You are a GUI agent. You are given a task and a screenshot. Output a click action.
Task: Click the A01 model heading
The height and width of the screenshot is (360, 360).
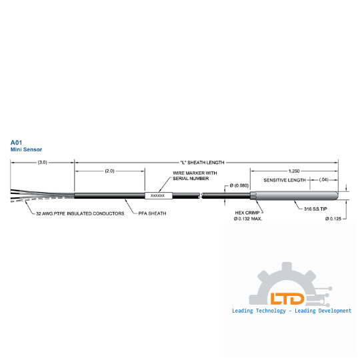tap(16, 143)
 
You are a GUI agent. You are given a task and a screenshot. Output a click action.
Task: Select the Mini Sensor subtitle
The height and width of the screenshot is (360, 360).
tap(26, 149)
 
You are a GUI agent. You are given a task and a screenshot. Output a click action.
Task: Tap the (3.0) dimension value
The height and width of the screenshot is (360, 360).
tap(43, 162)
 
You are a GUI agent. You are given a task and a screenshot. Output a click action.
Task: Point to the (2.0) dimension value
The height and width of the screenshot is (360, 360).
tap(109, 171)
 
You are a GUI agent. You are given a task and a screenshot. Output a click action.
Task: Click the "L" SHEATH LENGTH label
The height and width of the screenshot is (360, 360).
tap(202, 163)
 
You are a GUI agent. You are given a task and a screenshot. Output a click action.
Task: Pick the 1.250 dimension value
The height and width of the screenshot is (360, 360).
tap(294, 171)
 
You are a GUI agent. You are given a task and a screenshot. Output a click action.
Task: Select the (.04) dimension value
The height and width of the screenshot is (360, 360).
tap(324, 179)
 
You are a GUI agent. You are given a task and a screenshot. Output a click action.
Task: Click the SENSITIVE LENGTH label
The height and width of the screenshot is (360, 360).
tap(285, 180)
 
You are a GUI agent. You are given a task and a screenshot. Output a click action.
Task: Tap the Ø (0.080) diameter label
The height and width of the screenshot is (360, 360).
tap(239, 185)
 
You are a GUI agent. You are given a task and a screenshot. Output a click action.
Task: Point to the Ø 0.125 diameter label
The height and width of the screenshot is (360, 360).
tap(333, 219)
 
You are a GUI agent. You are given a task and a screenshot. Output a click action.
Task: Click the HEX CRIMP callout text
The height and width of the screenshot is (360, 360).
tap(247, 213)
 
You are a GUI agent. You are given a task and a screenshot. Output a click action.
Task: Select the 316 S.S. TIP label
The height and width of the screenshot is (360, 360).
tap(315, 209)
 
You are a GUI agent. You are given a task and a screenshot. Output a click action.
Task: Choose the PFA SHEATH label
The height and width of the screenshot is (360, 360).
tap(152, 213)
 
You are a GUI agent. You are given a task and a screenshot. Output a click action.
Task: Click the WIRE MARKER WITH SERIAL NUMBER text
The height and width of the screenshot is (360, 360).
tap(195, 175)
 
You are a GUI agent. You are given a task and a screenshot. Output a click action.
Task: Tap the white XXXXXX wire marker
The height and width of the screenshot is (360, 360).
tap(159, 195)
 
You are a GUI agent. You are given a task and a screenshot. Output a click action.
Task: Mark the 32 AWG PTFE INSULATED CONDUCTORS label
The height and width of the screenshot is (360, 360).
tap(80, 213)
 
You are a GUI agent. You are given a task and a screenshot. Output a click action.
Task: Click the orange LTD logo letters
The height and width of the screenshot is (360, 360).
tap(287, 299)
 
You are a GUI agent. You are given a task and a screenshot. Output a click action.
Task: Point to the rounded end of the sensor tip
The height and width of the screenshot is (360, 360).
tap(337, 195)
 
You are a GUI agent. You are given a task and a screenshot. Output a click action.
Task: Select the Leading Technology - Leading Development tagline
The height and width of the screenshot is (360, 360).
tap(291, 311)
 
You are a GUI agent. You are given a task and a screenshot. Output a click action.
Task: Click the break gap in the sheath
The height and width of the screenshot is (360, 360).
tap(201, 195)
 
